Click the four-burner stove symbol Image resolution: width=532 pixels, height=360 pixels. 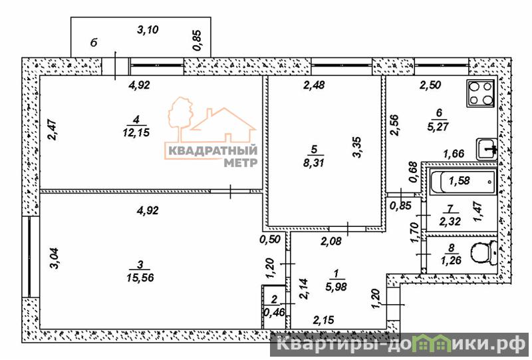point(481,93)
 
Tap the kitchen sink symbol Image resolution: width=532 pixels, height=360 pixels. point(487,149)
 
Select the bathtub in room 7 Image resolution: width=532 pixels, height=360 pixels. point(463,182)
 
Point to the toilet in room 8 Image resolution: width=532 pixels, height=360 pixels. point(484,253)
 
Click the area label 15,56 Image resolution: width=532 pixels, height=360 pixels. point(140,277)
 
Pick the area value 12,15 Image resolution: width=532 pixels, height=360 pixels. point(136,132)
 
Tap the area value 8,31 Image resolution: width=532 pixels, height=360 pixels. point(314,162)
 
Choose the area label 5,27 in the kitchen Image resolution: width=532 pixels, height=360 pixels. point(438,126)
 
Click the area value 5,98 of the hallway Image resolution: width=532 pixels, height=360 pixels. point(336,287)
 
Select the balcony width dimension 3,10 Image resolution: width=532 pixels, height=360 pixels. point(148,30)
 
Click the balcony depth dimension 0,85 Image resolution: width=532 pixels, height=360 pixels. point(197,41)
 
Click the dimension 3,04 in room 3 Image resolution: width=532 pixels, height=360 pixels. point(55,259)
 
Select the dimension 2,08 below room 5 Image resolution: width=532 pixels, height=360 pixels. point(331,242)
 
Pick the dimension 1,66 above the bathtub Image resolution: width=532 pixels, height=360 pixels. point(454,154)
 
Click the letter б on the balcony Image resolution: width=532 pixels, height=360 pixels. point(94,43)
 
